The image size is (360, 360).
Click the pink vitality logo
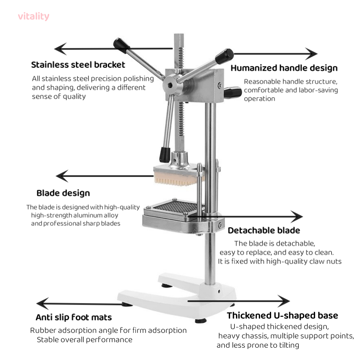[x=33, y=16]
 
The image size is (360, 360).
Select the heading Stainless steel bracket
[x=78, y=65]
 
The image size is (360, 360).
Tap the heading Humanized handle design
[x=284, y=68]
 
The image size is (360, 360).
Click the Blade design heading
[x=63, y=193]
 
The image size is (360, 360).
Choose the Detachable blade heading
[x=264, y=230]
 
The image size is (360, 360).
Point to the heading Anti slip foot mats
[x=74, y=317]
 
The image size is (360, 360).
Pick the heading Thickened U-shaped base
[x=283, y=316]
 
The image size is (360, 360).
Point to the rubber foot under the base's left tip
[x=127, y=305]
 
